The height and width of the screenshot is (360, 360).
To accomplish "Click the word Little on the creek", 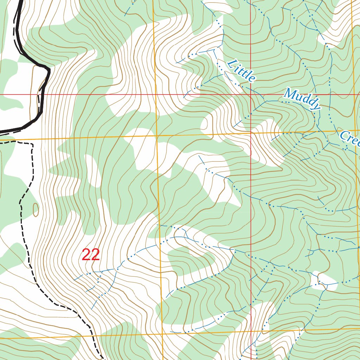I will point(241,71).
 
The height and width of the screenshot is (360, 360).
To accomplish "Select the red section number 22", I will point(91,255).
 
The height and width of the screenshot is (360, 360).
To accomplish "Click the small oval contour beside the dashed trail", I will point(36,210).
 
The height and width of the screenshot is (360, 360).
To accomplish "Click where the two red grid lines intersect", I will point(251,95).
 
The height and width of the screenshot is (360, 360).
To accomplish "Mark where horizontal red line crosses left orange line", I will point(155,95).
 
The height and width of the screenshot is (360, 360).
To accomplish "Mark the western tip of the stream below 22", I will point(75,279).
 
